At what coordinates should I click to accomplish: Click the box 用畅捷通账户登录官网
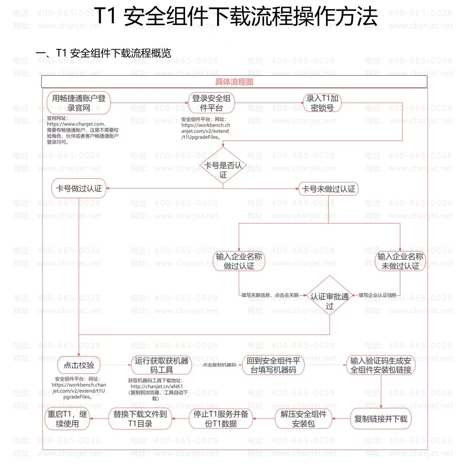[x=79, y=103]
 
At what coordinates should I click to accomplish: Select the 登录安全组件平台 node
[x=211, y=103]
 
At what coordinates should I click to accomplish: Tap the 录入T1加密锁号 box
[x=322, y=103]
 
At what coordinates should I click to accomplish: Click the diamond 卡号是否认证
[x=223, y=165]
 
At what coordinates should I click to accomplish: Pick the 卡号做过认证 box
[x=79, y=188]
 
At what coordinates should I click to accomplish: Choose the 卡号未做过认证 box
[x=329, y=189]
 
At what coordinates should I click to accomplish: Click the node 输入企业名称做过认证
[x=239, y=261]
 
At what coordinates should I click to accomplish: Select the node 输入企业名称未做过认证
[x=400, y=261]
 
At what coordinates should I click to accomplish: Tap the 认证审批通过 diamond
[x=330, y=296]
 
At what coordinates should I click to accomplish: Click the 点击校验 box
[x=79, y=365]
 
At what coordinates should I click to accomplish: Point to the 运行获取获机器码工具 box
[x=161, y=365]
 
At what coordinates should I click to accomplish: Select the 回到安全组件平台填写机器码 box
[x=273, y=365]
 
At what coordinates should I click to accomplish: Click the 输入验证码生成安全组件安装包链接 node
[x=381, y=365]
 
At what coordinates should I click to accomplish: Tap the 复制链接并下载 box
[x=381, y=419]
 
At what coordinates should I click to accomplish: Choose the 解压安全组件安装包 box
[x=304, y=419]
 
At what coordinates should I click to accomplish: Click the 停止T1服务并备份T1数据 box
[x=221, y=419]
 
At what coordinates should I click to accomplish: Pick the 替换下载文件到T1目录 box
[x=140, y=419]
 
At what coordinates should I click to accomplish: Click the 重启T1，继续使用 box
[x=67, y=419]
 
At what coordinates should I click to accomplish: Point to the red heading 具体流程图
[x=234, y=82]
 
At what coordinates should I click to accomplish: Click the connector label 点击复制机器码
[x=219, y=365]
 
